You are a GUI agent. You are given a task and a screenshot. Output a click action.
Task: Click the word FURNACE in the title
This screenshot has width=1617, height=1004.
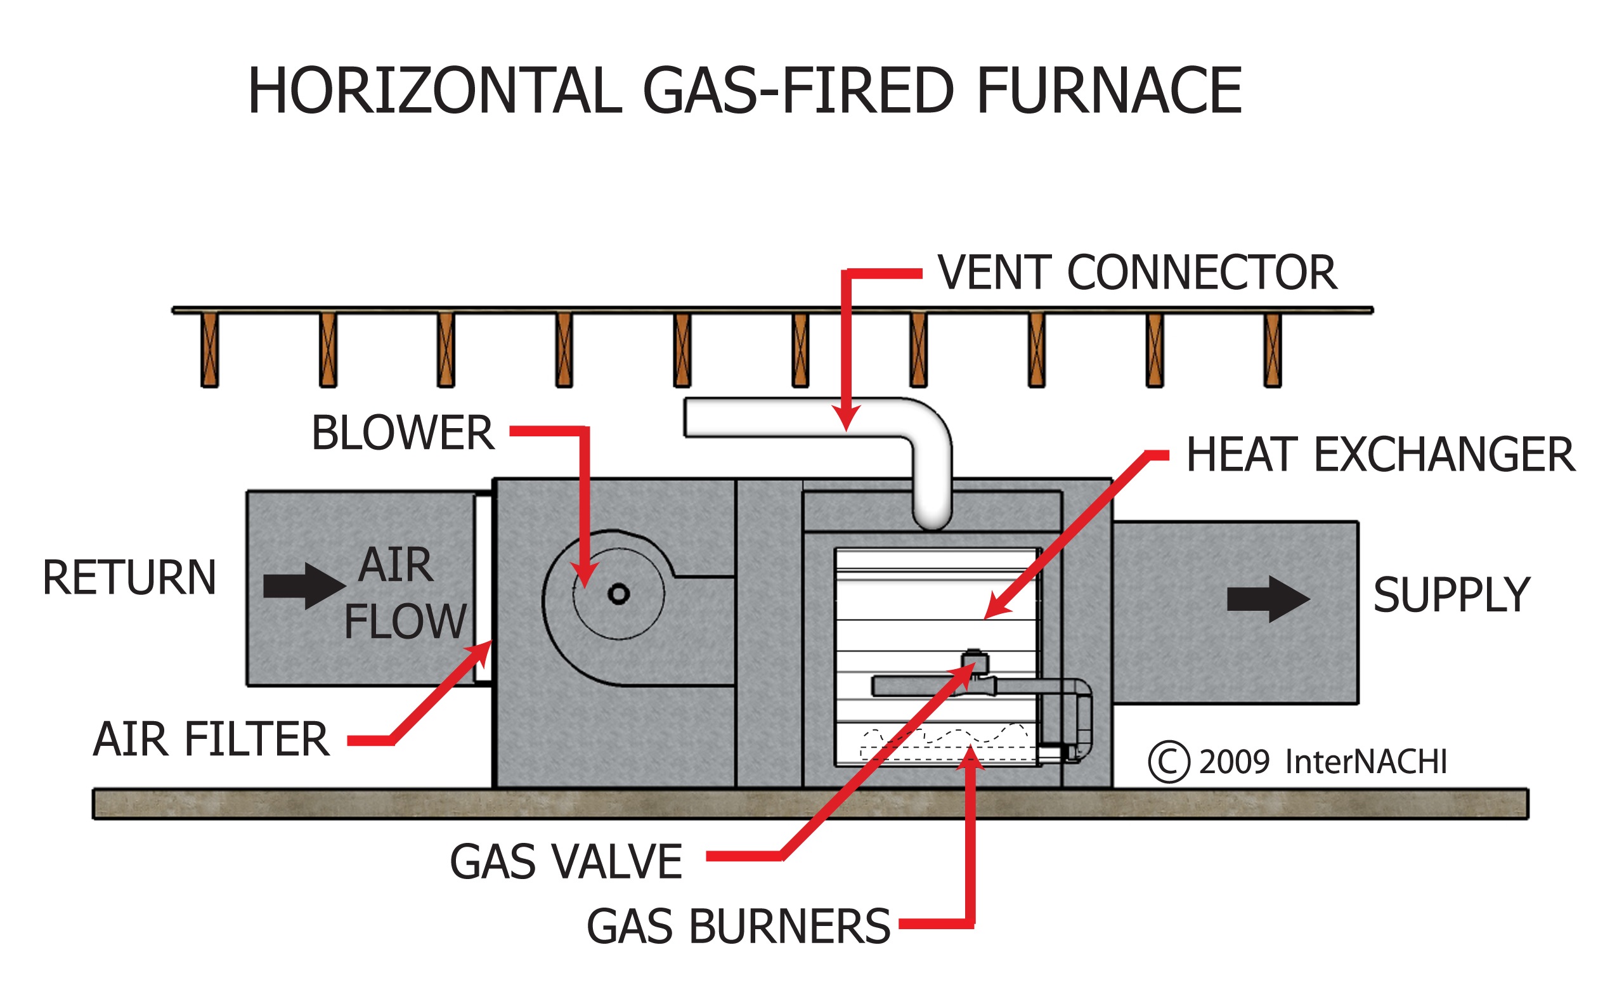click(1108, 91)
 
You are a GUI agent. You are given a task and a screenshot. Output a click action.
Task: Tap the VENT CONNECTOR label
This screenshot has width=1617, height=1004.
click(1136, 273)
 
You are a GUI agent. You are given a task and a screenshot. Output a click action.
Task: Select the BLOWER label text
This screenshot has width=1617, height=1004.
click(403, 433)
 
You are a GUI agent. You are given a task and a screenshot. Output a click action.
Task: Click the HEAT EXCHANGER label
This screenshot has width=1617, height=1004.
click(1379, 455)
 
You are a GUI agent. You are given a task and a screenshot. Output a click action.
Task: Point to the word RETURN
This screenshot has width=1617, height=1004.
click(129, 578)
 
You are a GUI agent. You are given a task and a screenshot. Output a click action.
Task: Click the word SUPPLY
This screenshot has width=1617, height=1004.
click(1451, 595)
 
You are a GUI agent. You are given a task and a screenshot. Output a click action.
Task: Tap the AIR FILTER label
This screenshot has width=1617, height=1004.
click(211, 740)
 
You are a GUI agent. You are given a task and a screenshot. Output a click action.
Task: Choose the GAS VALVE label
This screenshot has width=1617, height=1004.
click(566, 862)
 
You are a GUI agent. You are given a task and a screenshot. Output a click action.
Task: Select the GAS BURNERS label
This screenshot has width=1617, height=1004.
click(737, 927)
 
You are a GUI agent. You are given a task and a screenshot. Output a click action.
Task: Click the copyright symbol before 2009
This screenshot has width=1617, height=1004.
click(1167, 762)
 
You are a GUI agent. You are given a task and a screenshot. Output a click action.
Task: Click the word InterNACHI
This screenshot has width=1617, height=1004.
click(1365, 762)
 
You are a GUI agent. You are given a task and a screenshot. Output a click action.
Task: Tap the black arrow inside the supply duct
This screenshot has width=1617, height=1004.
click(1267, 599)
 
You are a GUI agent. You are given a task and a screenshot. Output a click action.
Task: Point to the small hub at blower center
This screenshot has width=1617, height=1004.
click(618, 594)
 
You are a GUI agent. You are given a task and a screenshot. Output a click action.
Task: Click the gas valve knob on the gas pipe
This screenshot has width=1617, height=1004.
click(975, 662)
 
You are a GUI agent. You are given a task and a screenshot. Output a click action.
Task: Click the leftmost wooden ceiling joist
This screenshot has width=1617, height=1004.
click(210, 350)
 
